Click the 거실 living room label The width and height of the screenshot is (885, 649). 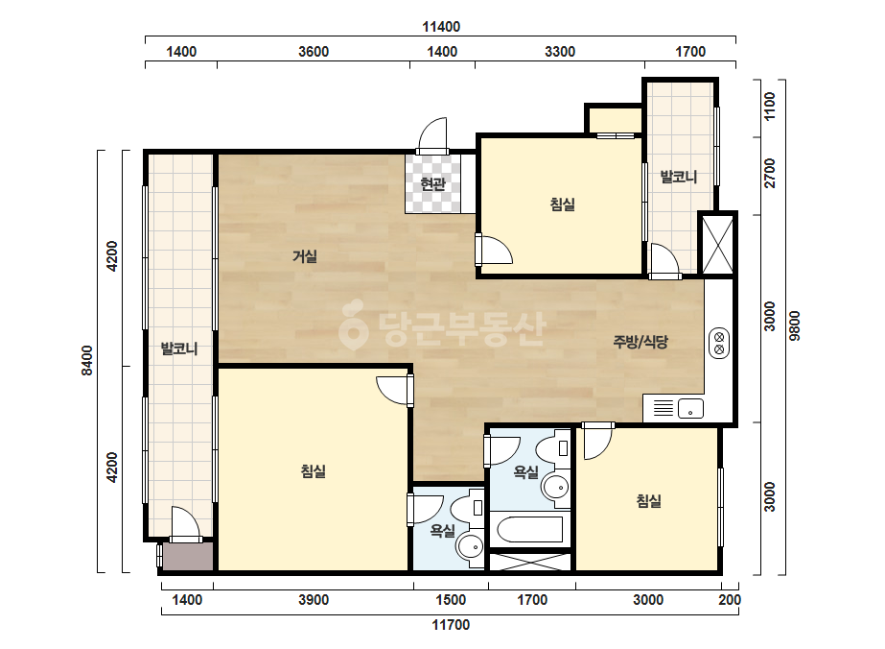pyautogui.click(x=305, y=256)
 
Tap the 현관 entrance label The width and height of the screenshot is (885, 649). pyautogui.click(x=432, y=183)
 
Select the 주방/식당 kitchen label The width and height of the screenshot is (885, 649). pyautogui.click(x=640, y=342)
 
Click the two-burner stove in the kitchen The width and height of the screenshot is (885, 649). pyautogui.click(x=719, y=343)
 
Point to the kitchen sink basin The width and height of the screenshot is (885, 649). pyautogui.click(x=690, y=408)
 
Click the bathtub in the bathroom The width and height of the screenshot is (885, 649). pyautogui.click(x=529, y=530)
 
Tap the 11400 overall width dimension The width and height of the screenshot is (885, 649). pyautogui.click(x=441, y=27)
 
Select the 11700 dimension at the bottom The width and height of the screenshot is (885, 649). pyautogui.click(x=451, y=625)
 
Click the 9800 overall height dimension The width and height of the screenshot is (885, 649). pyautogui.click(x=795, y=325)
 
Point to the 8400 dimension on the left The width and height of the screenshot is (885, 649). pyautogui.click(x=87, y=361)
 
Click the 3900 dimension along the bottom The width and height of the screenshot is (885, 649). pyautogui.click(x=314, y=600)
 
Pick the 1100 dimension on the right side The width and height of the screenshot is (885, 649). pyautogui.click(x=770, y=107)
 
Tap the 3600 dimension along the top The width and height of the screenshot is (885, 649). pyautogui.click(x=314, y=52)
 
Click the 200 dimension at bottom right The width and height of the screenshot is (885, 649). pyautogui.click(x=730, y=600)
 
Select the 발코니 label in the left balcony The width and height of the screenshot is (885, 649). pyautogui.click(x=179, y=349)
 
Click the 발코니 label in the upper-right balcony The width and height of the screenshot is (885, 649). pyautogui.click(x=679, y=177)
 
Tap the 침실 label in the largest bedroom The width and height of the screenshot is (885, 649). pyautogui.click(x=314, y=471)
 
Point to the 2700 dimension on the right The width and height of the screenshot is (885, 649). pyautogui.click(x=770, y=174)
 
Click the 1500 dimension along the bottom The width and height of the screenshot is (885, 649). pyautogui.click(x=451, y=600)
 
